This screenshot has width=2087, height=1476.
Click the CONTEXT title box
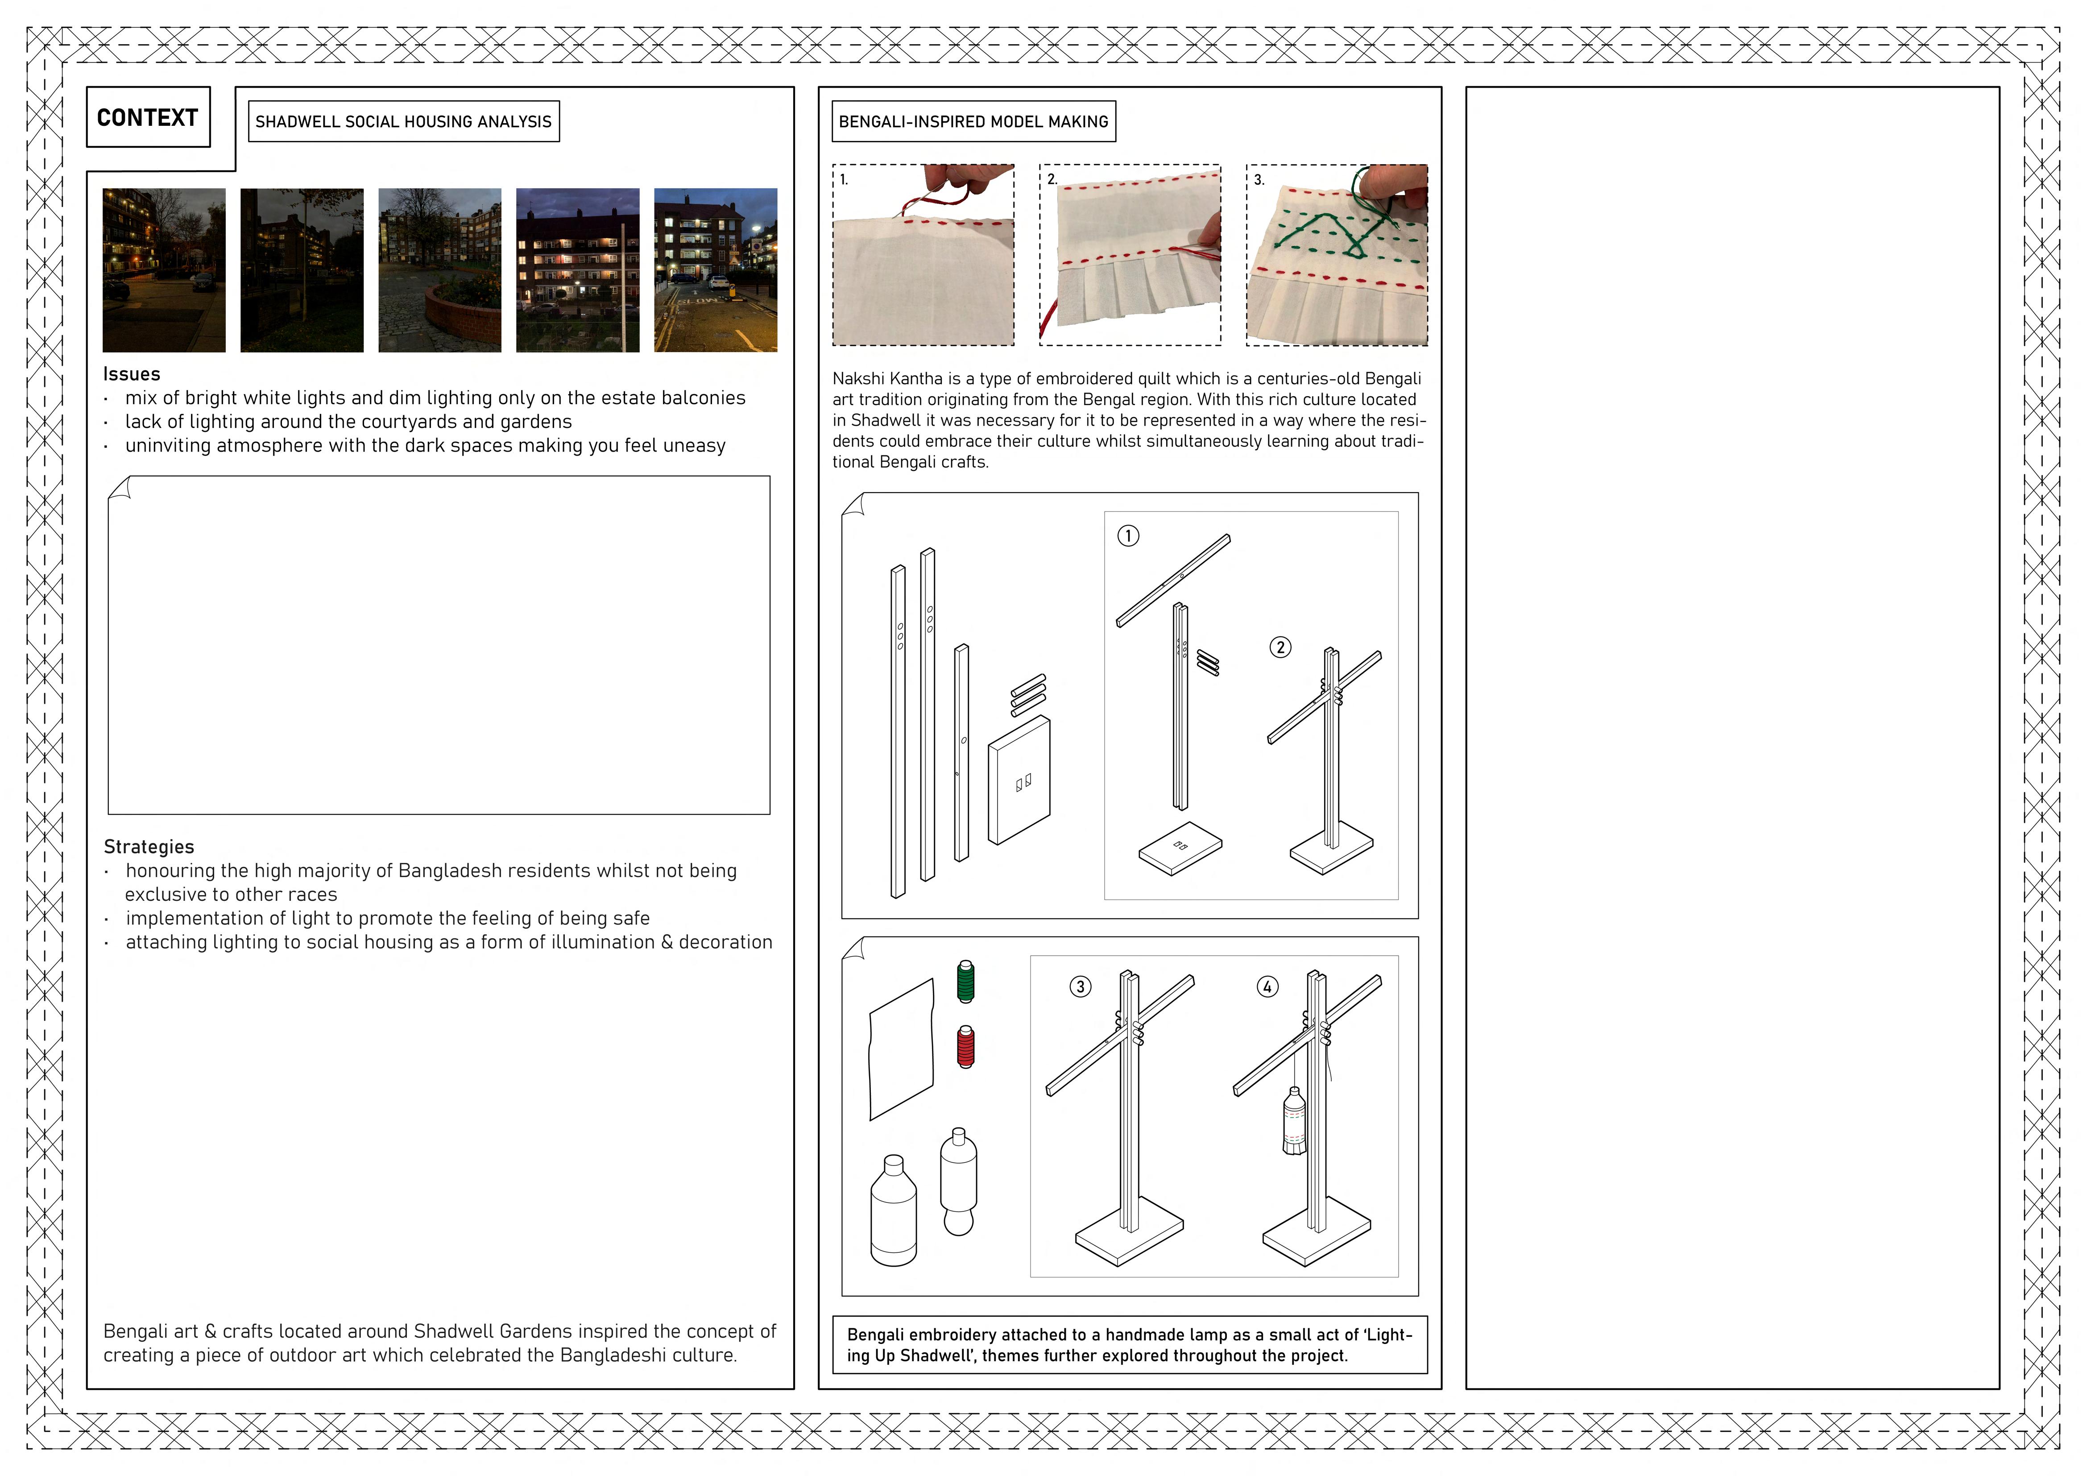[x=148, y=117]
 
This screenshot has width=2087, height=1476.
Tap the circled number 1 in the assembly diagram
[x=1128, y=535]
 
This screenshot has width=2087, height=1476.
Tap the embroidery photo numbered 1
[x=923, y=255]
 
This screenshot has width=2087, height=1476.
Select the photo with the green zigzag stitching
[x=1337, y=255]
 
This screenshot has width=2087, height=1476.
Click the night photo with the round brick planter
[x=440, y=270]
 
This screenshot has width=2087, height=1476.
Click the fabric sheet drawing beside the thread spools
[x=902, y=1050]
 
